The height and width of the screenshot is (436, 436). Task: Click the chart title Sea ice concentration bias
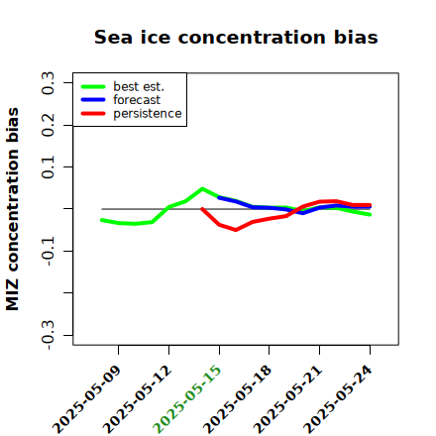click(236, 37)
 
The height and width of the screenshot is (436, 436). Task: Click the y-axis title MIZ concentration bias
click(12, 209)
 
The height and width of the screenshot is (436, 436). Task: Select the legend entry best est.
click(139, 86)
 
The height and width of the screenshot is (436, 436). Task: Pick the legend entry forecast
click(137, 100)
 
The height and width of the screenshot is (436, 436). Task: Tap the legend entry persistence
click(148, 114)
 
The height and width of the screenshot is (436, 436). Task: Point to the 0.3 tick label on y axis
click(48, 83)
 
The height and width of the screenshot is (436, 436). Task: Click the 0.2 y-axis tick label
click(48, 125)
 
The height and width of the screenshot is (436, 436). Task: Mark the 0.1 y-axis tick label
click(48, 167)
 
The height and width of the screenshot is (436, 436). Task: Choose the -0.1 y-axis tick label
click(48, 251)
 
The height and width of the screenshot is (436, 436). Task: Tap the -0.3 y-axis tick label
click(48, 335)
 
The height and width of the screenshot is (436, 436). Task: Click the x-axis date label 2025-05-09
click(86, 399)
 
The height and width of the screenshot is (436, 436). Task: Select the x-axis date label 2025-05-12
click(137, 399)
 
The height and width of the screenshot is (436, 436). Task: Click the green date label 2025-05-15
click(187, 399)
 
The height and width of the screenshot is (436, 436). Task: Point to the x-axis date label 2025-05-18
click(238, 399)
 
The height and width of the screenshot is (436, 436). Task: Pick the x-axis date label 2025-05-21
click(287, 399)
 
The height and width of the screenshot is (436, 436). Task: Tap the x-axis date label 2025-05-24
click(338, 399)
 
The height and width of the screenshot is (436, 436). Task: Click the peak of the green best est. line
click(202, 188)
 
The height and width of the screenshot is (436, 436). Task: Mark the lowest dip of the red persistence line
click(236, 230)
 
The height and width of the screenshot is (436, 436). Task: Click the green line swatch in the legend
click(93, 87)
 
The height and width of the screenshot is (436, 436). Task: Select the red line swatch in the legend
click(93, 114)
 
